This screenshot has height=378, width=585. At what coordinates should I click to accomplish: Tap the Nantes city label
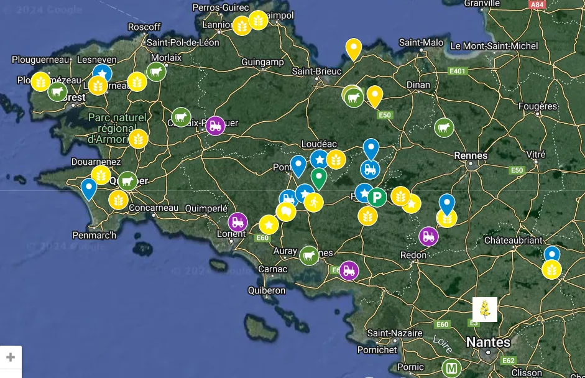488,342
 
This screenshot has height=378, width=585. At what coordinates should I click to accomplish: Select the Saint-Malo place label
421,42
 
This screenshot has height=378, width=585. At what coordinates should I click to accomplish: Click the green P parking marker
377,198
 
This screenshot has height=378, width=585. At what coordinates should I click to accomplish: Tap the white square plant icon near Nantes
485,309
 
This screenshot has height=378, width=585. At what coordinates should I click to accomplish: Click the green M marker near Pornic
451,368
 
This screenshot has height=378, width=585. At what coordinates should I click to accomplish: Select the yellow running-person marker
314,202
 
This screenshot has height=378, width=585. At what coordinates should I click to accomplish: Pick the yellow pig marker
286,212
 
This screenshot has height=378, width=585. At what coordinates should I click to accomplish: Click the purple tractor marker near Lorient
237,222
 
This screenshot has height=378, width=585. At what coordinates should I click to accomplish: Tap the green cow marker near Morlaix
156,72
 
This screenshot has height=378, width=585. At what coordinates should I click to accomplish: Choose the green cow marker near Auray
309,255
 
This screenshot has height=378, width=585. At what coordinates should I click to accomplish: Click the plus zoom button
11,357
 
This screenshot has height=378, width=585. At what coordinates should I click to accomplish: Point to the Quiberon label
266,290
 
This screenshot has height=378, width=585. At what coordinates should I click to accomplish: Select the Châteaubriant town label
513,240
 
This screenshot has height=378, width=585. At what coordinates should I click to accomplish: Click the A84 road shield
536,4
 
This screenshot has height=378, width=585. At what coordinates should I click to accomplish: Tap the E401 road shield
457,71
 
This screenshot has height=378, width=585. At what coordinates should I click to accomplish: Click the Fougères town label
538,106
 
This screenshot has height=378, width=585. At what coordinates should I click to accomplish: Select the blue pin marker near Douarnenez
89,188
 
